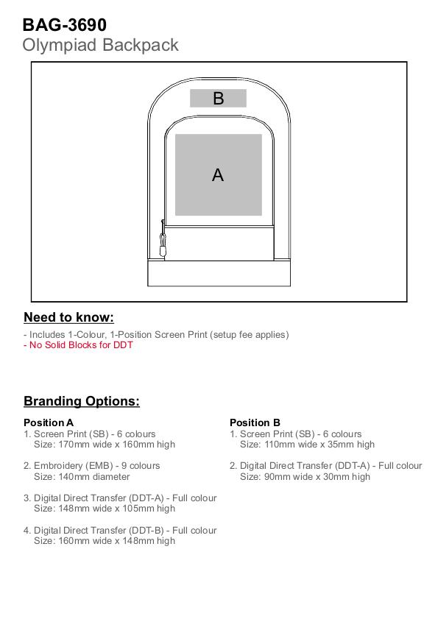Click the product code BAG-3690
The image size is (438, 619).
pos(64,25)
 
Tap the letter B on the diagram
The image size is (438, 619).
pos(219,99)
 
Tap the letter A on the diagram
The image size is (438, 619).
pos(218,175)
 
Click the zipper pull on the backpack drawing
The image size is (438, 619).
pos(163,240)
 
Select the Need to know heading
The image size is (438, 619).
pos(68,317)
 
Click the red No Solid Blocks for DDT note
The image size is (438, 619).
pos(78,345)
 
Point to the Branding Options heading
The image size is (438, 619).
pos(82,401)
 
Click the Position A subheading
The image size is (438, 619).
pos(49,422)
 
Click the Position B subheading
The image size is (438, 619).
pos(255,422)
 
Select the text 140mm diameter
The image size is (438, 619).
pos(94,477)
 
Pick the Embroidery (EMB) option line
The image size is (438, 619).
pos(91,466)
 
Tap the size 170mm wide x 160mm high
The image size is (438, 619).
pos(116,445)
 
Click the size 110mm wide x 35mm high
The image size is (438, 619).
pos(319,445)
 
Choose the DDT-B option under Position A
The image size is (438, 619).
pos(120,531)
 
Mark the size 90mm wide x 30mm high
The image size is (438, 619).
pos(317,477)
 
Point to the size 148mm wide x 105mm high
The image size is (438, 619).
pos(116,509)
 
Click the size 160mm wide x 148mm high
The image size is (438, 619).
pos(116,541)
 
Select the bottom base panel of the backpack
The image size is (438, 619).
pos(219,273)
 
